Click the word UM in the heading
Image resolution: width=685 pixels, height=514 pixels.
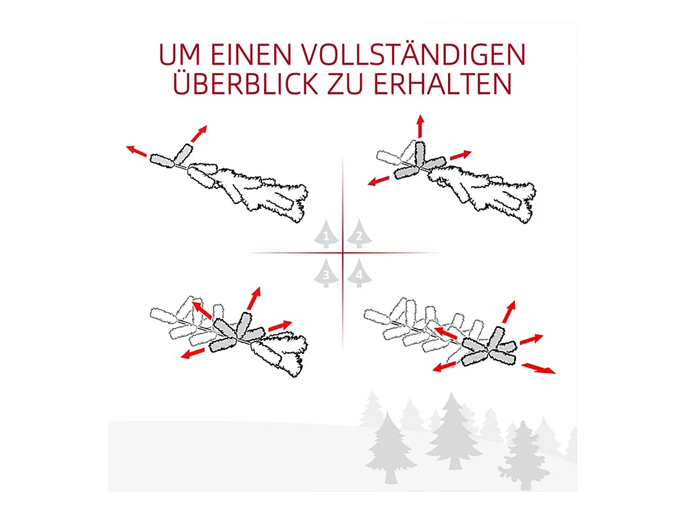point(179,55)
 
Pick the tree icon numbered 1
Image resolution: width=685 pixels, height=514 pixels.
point(326,234)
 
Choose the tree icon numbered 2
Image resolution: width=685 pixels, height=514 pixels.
point(360,234)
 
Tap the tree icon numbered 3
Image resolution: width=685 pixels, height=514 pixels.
point(326,273)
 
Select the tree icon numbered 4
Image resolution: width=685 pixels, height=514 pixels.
point(360,273)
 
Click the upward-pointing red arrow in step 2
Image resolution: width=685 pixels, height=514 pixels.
point(420,126)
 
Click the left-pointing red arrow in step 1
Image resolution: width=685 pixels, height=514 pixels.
point(136,151)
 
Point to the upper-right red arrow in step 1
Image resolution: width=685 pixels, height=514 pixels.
point(199,134)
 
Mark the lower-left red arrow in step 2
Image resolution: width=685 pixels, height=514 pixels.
point(378,181)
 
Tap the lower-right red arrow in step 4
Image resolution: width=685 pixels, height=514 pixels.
point(538,368)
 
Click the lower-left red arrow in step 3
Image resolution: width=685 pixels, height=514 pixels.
point(192,354)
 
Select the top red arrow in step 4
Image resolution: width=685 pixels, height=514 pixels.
point(509,312)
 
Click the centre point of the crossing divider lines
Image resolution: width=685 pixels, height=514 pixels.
point(342,253)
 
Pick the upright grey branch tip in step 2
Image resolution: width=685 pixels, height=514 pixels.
point(420,153)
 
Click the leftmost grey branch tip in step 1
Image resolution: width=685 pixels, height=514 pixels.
point(162,160)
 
